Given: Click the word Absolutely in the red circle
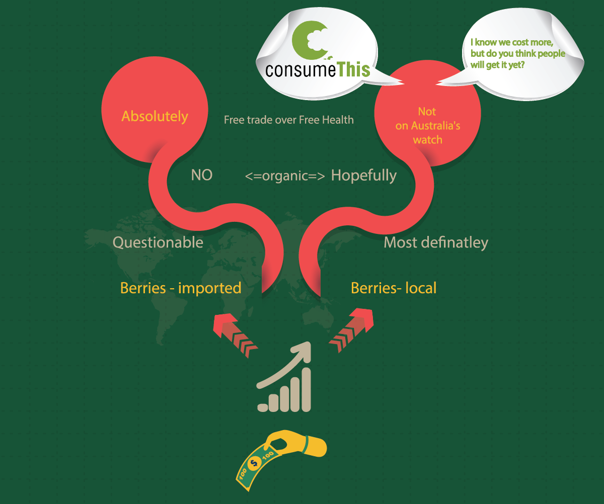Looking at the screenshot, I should tap(155, 117).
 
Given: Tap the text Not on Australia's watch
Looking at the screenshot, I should tap(427, 126).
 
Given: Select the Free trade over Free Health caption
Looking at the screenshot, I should tap(288, 120).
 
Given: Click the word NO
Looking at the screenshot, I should tap(201, 175).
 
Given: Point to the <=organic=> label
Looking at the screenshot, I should tap(285, 176).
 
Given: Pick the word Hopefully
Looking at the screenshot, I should tap(364, 176).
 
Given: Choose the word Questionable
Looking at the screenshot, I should tap(158, 242).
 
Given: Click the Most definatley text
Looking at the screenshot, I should tap(436, 242).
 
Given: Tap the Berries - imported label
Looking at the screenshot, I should tap(181, 288).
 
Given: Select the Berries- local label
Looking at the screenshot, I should tap(394, 288).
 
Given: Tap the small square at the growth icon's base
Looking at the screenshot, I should tap(262, 405).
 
